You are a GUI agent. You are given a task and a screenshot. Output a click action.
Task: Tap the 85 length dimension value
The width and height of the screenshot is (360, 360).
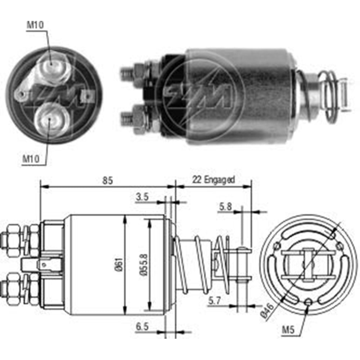pos(107,180)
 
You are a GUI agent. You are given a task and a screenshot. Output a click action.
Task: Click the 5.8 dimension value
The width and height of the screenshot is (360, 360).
pos(226,206)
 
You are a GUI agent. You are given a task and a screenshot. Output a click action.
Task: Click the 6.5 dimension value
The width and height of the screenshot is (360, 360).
pos(143,327)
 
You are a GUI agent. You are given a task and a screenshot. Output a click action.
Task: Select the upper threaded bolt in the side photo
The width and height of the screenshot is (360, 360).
pos(128,74)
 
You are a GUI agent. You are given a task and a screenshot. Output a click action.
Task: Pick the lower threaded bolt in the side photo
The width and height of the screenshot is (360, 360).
pos(128,117)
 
